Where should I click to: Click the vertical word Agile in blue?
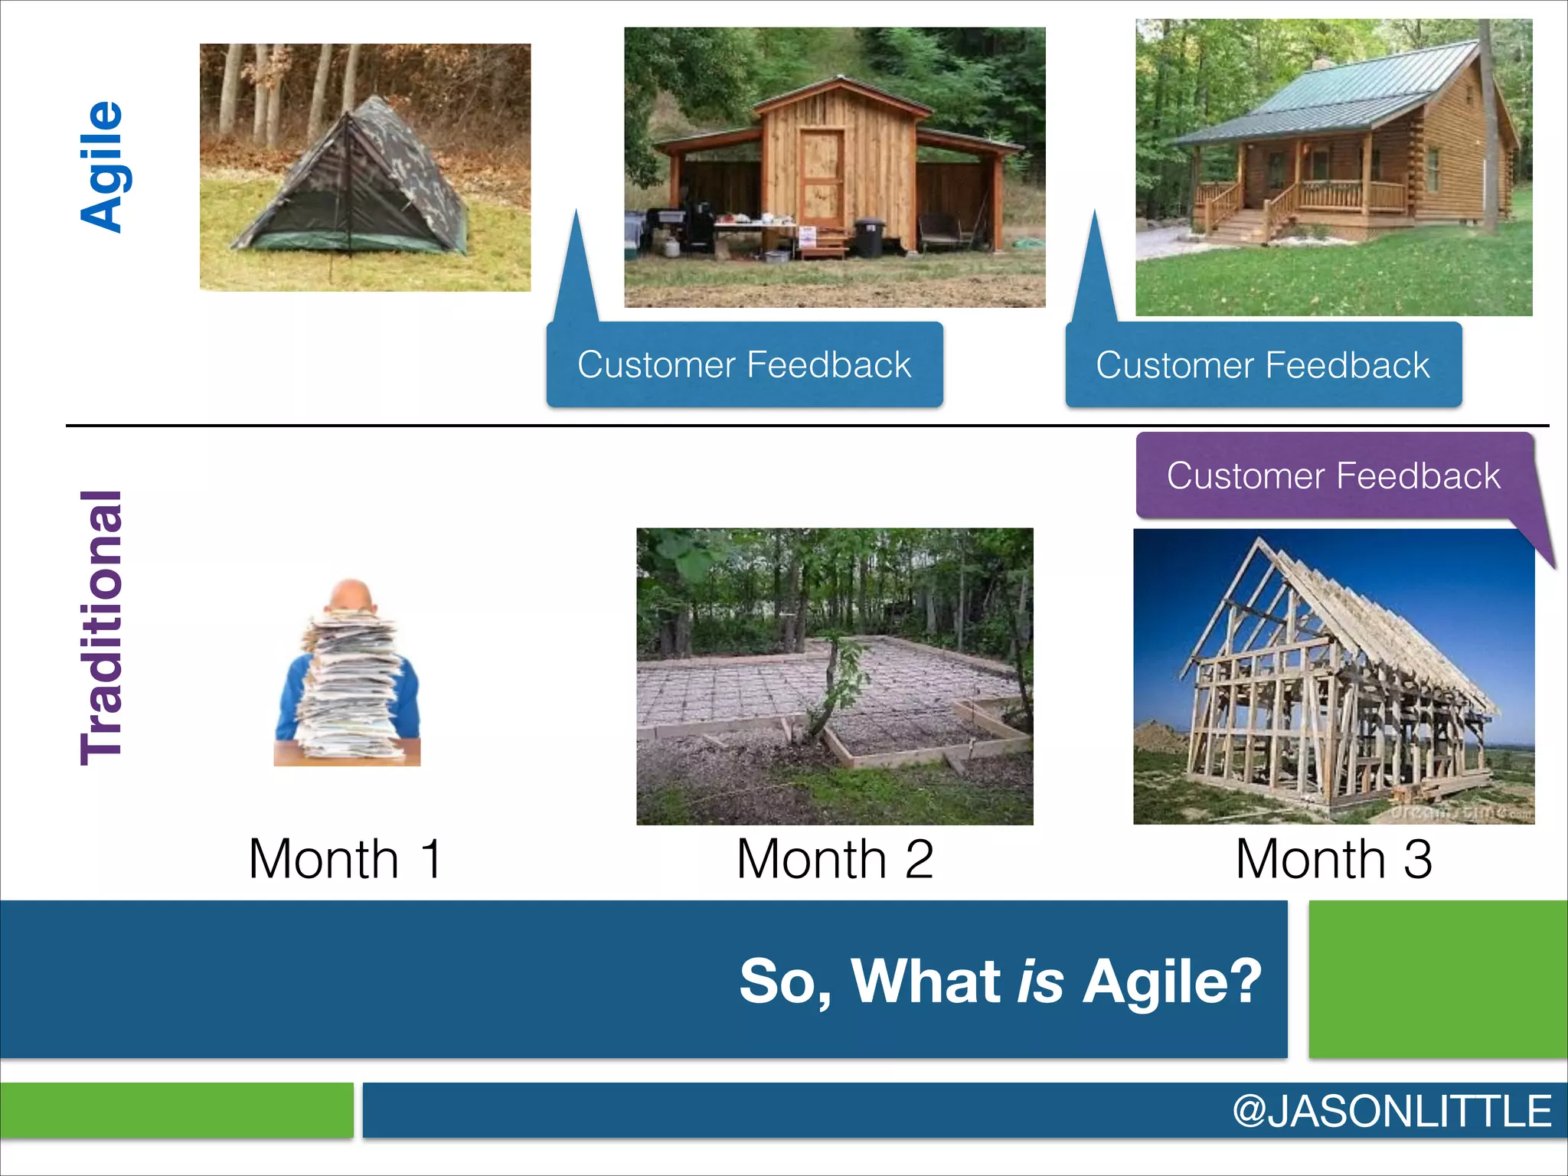102,166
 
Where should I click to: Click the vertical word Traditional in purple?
102,628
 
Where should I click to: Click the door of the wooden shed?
822,180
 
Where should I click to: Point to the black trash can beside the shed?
869,237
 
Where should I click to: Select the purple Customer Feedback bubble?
1333,475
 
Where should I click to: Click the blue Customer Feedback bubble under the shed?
744,364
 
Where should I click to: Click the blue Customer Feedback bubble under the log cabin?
1263,364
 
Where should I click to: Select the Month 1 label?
345,858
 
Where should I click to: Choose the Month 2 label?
835,858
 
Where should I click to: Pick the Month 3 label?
1333,858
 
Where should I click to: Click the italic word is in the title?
1040,981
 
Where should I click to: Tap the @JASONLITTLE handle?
1391,1111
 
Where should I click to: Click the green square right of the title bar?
1438,979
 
